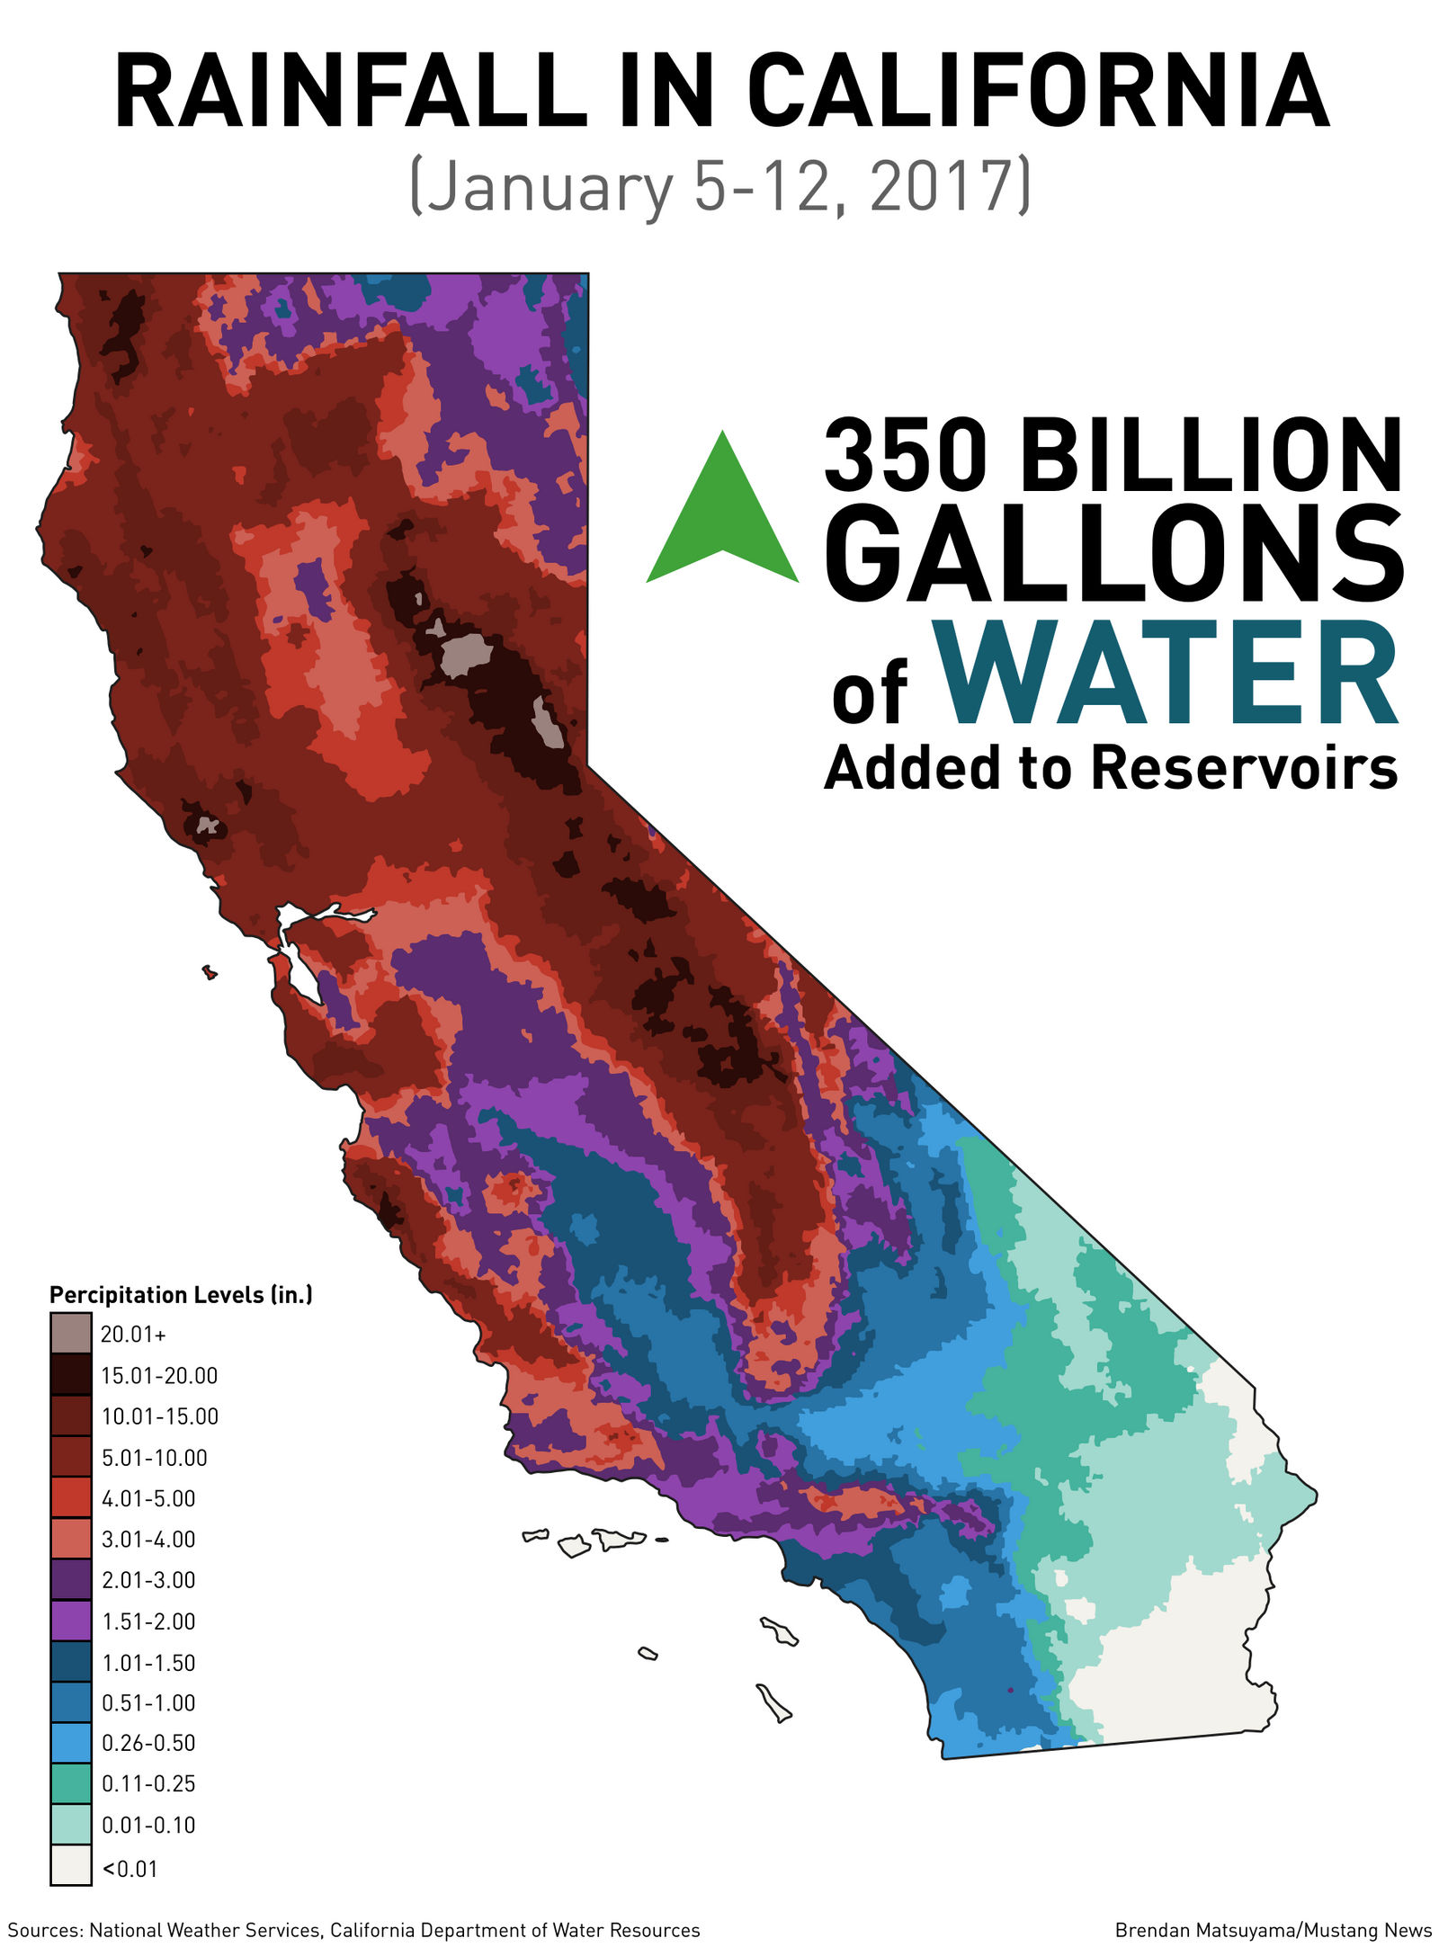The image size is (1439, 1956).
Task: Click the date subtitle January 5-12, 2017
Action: [719, 185]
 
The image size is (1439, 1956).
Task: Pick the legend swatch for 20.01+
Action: [70, 1334]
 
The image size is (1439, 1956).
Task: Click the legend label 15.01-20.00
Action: [159, 1376]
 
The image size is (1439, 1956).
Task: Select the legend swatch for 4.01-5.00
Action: [70, 1497]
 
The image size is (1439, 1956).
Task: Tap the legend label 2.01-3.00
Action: [148, 1580]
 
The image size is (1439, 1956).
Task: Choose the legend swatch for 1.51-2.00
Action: [70, 1621]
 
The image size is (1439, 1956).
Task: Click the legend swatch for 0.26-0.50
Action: [70, 1742]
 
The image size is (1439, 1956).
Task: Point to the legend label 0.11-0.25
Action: [148, 1783]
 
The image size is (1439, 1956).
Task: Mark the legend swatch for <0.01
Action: [70, 1865]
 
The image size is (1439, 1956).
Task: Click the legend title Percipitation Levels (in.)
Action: [181, 1295]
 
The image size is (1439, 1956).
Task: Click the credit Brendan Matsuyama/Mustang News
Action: [1273, 1930]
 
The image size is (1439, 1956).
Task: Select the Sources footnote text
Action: [353, 1930]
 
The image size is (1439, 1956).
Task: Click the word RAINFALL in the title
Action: [351, 93]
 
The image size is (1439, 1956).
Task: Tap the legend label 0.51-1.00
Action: [148, 1702]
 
